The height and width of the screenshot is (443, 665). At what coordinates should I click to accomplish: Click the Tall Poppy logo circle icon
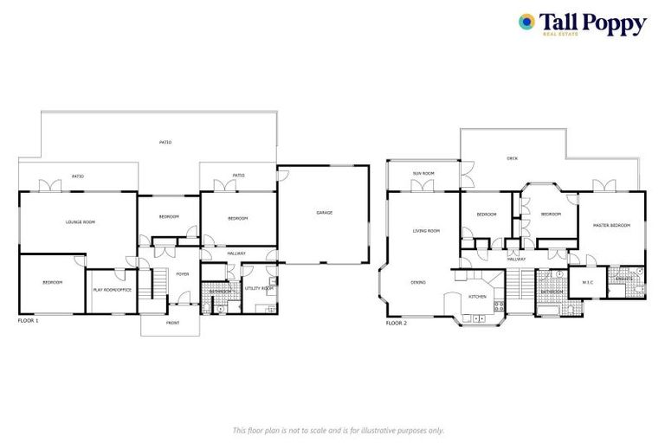click(x=526, y=22)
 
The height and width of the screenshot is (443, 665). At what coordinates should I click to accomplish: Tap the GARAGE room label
click(x=324, y=212)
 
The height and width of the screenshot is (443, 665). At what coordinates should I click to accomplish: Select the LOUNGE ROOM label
click(x=80, y=222)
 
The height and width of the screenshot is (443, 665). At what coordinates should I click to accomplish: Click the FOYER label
click(x=182, y=273)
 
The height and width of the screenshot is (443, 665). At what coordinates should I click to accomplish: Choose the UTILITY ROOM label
click(x=259, y=287)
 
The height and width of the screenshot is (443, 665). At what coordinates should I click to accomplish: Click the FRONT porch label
click(x=172, y=323)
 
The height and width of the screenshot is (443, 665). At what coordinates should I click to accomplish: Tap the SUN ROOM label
click(x=423, y=174)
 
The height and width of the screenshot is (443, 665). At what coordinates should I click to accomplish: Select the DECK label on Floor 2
click(x=512, y=159)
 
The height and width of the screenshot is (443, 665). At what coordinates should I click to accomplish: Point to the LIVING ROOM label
click(x=426, y=230)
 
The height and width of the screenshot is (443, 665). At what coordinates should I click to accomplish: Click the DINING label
click(x=418, y=282)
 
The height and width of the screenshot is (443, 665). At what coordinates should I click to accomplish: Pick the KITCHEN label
click(x=478, y=297)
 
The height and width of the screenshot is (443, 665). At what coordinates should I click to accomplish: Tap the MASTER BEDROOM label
click(x=611, y=225)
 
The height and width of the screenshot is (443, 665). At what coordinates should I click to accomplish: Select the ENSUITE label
click(x=623, y=279)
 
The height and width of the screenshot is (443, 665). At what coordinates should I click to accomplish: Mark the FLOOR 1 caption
click(x=29, y=320)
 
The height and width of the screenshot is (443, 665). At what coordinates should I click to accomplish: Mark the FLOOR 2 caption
click(x=397, y=323)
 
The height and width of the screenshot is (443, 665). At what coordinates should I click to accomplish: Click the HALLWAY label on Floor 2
click(x=516, y=259)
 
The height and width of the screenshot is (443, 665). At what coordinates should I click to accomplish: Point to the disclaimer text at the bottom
click(x=339, y=430)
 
